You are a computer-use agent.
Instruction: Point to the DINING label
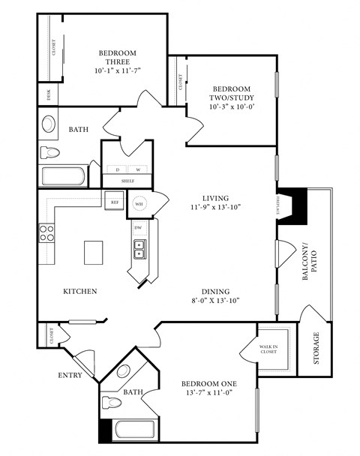pyautogui.click(x=214, y=292)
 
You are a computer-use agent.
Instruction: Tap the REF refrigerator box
pyautogui.click(x=115, y=202)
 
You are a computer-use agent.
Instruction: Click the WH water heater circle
pyautogui.click(x=139, y=203)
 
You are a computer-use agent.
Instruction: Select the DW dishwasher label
pyautogui.click(x=138, y=227)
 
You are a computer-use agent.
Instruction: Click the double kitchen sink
pyautogui.click(x=139, y=250)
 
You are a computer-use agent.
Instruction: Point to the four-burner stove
pyautogui.click(x=47, y=232)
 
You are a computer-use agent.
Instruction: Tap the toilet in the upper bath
pyautogui.click(x=49, y=152)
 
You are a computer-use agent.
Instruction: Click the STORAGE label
pyautogui.click(x=316, y=348)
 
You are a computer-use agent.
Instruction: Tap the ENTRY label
pyautogui.click(x=69, y=375)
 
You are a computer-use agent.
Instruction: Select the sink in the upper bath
pyautogui.click(x=49, y=124)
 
